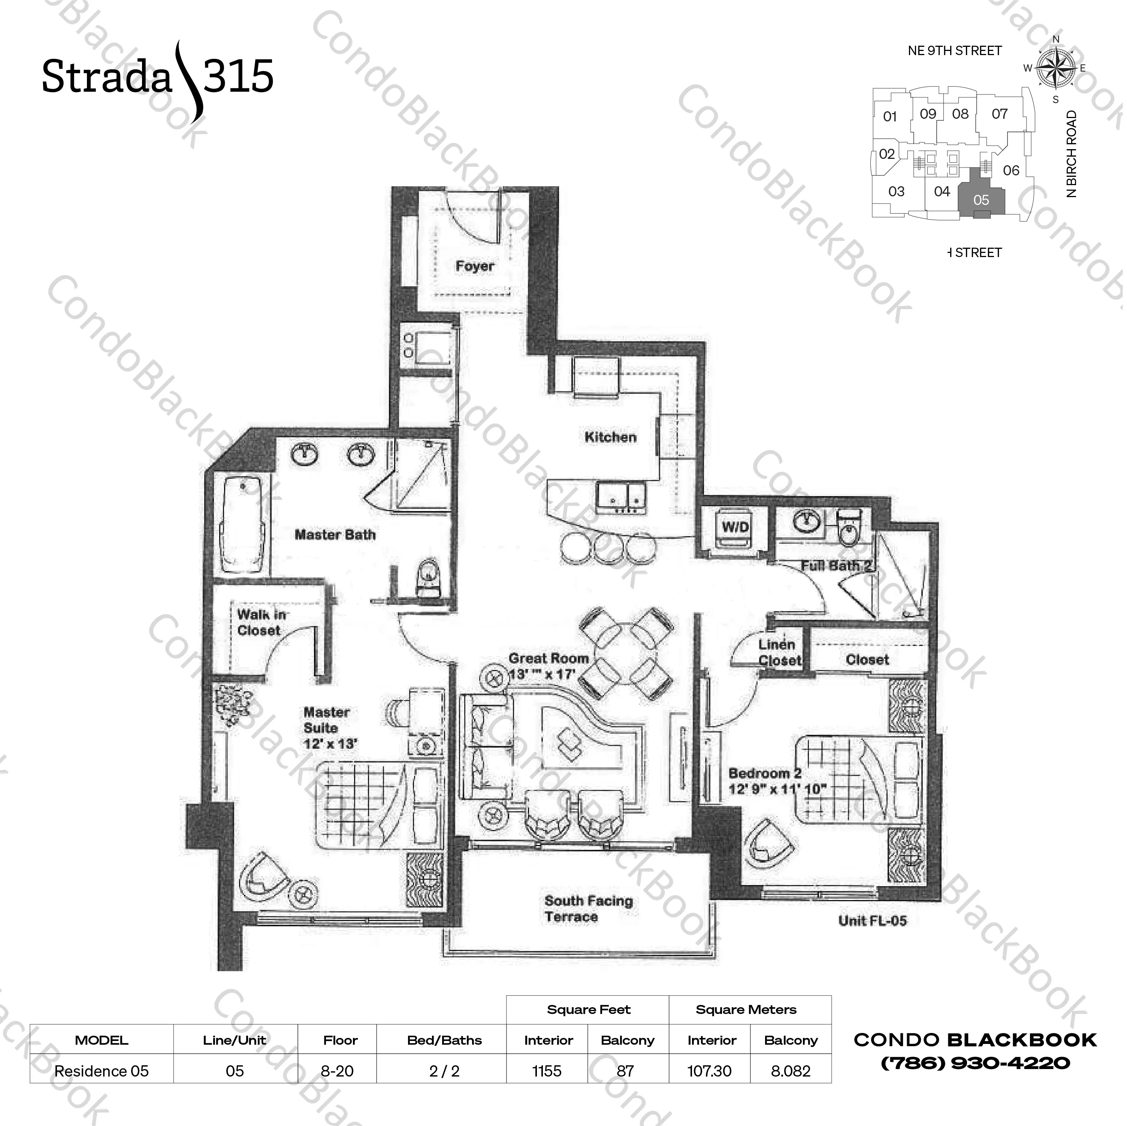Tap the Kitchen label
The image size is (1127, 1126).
[610, 437]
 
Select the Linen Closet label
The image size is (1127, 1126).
[779, 653]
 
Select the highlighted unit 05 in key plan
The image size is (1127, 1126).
[981, 200]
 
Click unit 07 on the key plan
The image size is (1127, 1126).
[999, 114]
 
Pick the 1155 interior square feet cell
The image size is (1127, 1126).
[547, 1071]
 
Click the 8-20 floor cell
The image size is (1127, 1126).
[337, 1071]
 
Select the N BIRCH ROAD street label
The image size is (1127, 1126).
[1071, 154]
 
